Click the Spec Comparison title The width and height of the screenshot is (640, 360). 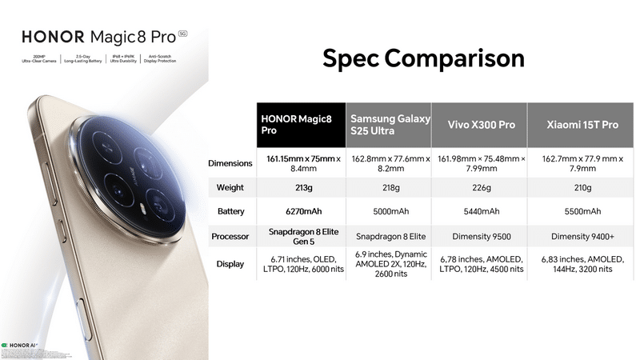click(x=423, y=58)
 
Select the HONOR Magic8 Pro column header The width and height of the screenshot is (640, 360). click(x=302, y=125)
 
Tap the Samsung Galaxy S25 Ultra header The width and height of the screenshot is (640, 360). click(x=389, y=125)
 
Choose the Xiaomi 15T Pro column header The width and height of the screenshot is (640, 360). click(x=582, y=126)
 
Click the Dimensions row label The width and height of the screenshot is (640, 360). click(x=230, y=163)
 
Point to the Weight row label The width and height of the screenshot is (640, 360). click(x=230, y=188)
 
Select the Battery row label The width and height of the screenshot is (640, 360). click(x=230, y=212)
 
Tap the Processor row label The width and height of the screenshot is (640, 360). click(x=230, y=237)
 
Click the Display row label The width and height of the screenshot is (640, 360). click(x=230, y=264)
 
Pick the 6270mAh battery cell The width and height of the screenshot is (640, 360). click(x=302, y=212)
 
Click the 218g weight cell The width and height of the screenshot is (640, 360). click(x=389, y=188)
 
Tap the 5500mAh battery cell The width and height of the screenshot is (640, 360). click(x=582, y=212)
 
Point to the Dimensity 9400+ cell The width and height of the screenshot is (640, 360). click(x=582, y=237)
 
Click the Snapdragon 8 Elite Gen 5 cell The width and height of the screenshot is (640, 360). click(x=302, y=237)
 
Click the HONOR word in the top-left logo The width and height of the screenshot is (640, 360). click(x=49, y=37)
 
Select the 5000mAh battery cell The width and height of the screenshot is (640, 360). click(x=389, y=212)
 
